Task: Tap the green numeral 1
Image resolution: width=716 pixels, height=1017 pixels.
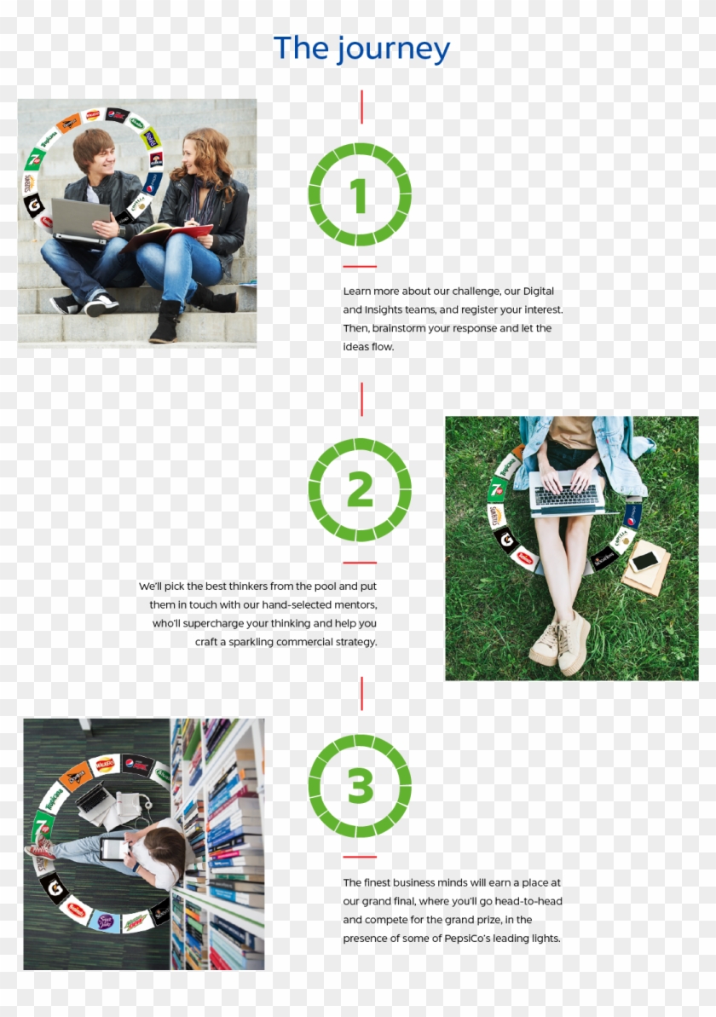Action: pyautogui.click(x=359, y=195)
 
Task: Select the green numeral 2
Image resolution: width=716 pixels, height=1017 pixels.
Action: pyautogui.click(x=360, y=489)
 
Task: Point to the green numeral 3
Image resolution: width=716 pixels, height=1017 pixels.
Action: pyautogui.click(x=360, y=785)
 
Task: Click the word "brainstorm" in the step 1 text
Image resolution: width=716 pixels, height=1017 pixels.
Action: pyautogui.click(x=402, y=328)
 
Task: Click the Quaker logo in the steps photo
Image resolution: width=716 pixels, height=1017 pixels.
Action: pyautogui.click(x=155, y=160)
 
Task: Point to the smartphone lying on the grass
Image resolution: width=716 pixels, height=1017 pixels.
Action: pyautogui.click(x=645, y=560)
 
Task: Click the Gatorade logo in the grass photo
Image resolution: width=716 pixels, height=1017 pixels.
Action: pyautogui.click(x=506, y=538)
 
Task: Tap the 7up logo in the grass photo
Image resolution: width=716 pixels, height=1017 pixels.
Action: pyautogui.click(x=497, y=490)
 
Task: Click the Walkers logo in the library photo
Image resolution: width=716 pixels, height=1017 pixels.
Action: pyautogui.click(x=104, y=766)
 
